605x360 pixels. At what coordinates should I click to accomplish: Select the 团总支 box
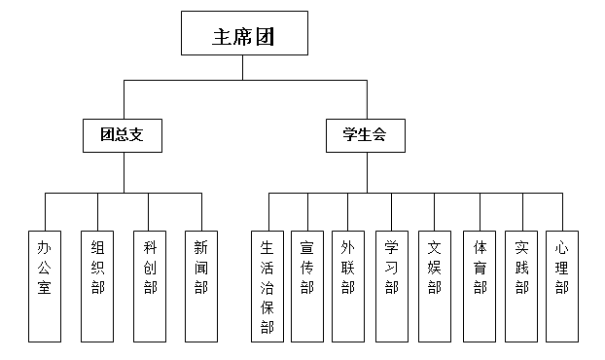[123, 136]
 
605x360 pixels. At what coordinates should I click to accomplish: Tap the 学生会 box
[366, 136]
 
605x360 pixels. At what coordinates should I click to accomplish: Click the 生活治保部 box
[267, 283]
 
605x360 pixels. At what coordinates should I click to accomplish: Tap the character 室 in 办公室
[44, 288]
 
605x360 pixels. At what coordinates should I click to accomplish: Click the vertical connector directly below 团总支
[123, 173]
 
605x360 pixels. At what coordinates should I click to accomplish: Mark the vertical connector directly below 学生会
[367, 173]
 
